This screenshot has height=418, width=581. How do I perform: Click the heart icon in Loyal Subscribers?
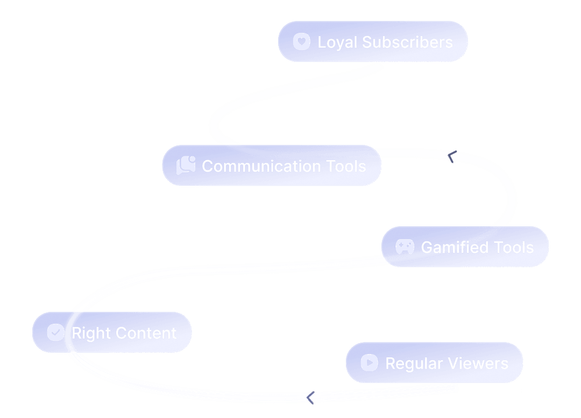[302, 42]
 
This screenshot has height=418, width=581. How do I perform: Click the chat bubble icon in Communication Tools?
[186, 165]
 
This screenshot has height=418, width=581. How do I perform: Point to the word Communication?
[261, 166]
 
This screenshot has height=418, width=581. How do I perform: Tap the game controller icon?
[405, 247]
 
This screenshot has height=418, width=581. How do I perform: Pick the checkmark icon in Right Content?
[55, 332]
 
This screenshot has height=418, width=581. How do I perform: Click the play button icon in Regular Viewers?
[369, 363]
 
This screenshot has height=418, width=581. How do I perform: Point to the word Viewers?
[479, 364]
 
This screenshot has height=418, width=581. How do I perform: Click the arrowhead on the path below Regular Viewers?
[310, 398]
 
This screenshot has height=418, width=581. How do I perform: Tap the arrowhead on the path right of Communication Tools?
[451, 157]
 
